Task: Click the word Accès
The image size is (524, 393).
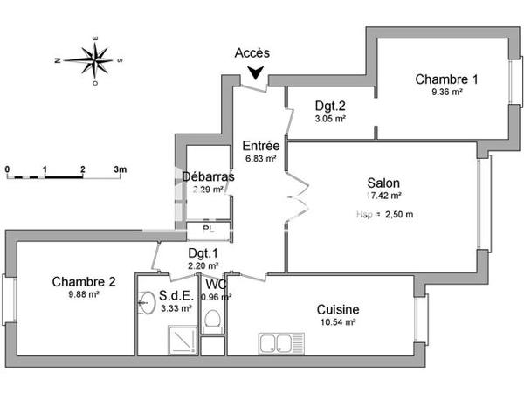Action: (252, 52)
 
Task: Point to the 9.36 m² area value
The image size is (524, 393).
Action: (445, 92)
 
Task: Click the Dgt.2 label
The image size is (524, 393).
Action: (330, 107)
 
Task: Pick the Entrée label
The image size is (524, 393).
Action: (260, 146)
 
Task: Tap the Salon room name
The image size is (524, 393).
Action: (383, 183)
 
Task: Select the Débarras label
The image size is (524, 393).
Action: (208, 176)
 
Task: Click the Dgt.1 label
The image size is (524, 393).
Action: (203, 253)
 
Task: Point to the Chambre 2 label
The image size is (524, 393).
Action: (84, 281)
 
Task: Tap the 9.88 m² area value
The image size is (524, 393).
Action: (84, 294)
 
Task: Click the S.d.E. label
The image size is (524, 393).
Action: (176, 295)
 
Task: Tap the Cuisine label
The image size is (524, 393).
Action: (339, 309)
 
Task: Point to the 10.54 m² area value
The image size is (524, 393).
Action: (339, 322)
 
